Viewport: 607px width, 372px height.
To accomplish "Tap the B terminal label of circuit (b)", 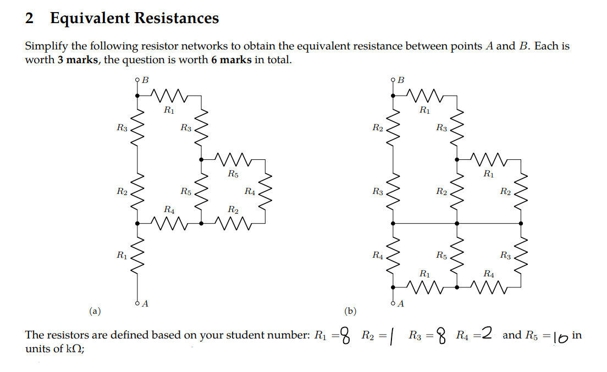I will click(x=401, y=80).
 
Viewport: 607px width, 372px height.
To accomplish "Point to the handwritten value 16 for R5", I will click(x=560, y=336).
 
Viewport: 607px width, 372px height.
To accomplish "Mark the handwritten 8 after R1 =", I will click(x=345, y=335).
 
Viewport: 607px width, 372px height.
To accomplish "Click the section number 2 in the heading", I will click(x=30, y=18).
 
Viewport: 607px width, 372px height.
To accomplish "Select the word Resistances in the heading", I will click(x=176, y=18).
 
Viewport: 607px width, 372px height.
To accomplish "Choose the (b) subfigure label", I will click(x=350, y=312).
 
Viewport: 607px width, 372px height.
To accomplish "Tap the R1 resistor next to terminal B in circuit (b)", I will click(x=425, y=95).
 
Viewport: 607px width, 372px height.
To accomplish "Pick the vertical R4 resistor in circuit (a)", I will click(x=266, y=191).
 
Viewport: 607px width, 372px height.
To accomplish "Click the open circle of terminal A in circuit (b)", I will click(x=393, y=303).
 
